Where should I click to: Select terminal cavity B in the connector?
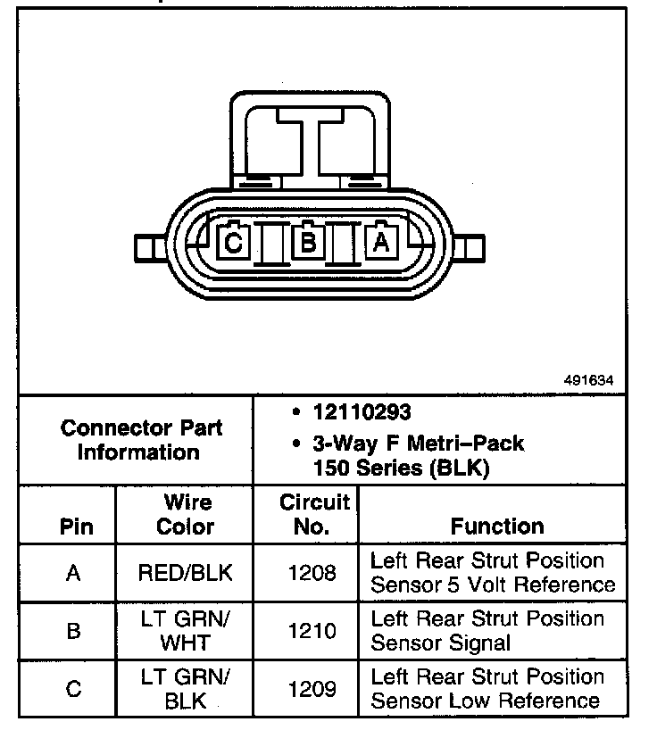pos(308,242)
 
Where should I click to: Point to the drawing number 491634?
pos(588,379)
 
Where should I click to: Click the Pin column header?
pos(75,527)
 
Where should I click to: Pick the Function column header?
pos(496,527)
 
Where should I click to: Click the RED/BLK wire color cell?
pos(186,572)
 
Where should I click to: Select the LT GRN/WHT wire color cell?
pos(186,630)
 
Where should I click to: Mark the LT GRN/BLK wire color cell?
pos(186,688)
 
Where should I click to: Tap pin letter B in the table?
pos(74,630)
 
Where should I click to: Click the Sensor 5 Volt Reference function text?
pos(493,585)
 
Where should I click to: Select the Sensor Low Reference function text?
pos(487,701)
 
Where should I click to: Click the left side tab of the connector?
pos(148,247)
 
